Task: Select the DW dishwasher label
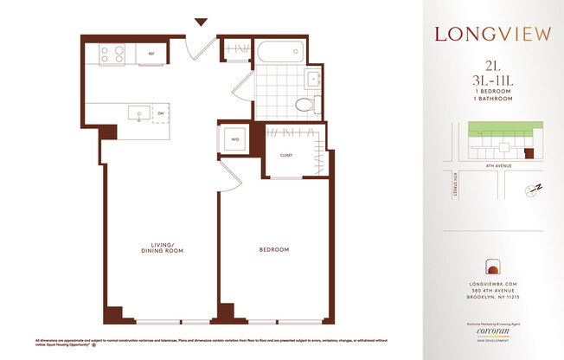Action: pyautogui.click(x=161, y=112)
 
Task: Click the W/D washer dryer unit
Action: pyautogui.click(x=234, y=139)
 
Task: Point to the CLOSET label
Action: pyautogui.click(x=285, y=156)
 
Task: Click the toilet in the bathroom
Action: pyautogui.click(x=304, y=105)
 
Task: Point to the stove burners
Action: pyautogui.click(x=112, y=55)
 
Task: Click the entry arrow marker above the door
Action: pyautogui.click(x=202, y=22)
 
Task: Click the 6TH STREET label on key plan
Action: pyautogui.click(x=455, y=184)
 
